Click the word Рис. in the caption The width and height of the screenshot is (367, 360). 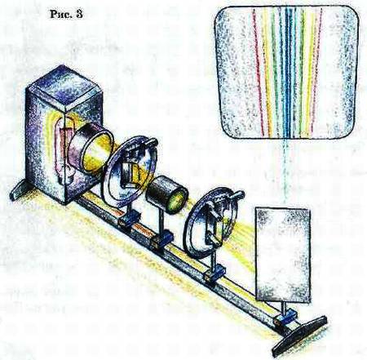(61, 14)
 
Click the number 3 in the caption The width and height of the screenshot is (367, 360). (79, 14)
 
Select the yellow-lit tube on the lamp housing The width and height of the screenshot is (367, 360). (90, 149)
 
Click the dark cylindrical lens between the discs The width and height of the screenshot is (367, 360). (167, 193)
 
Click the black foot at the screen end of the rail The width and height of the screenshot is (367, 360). (299, 336)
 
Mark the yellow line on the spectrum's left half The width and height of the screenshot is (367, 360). (267, 73)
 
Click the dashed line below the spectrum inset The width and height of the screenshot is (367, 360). (285, 171)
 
